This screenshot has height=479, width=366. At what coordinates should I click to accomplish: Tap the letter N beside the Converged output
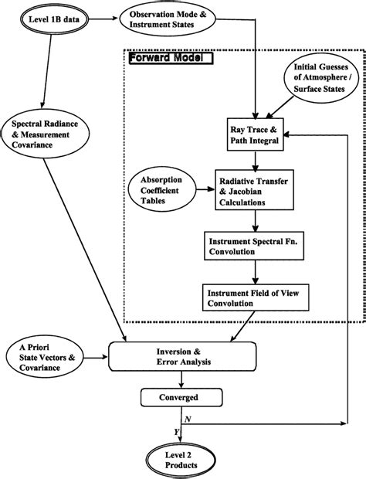(188, 418)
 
